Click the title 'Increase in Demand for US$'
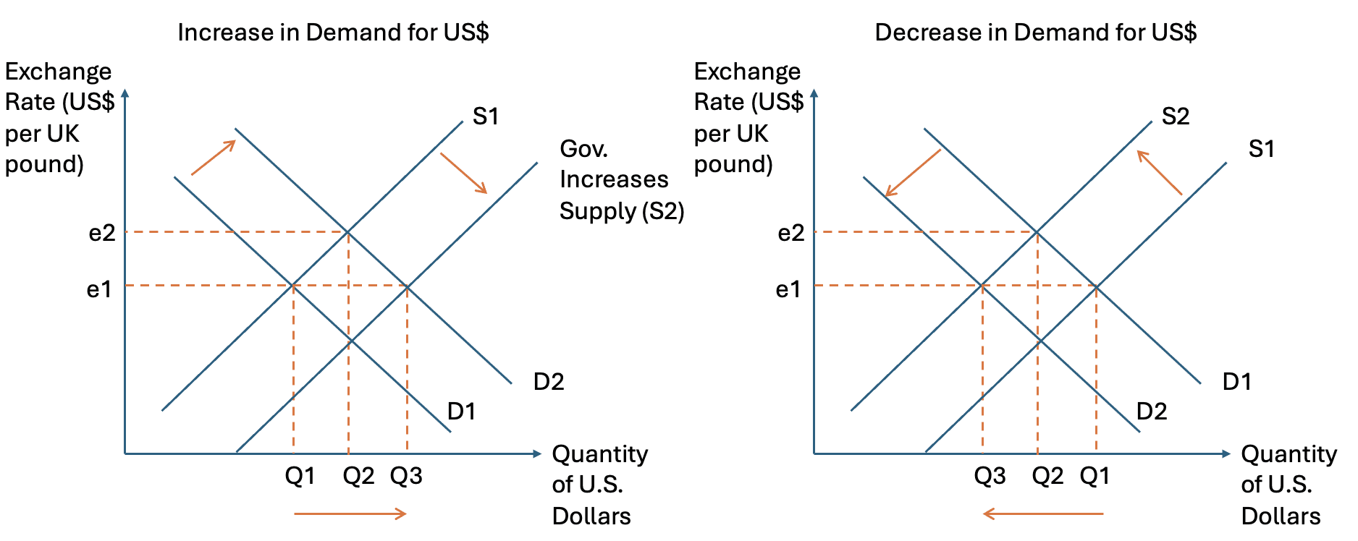pos(333,33)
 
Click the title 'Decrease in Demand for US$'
pos(1035,33)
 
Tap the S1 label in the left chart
pos(486,116)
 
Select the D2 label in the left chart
pos(548,382)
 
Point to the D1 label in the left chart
pos(461,412)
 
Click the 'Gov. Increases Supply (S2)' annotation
pos(621,179)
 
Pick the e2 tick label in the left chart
pos(102,233)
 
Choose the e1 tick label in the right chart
pos(788,290)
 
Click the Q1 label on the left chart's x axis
pos(300,476)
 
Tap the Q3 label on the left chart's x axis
pos(406,476)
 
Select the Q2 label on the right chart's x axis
pos(1047,476)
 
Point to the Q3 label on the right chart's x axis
pos(990,476)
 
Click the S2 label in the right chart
pos(1176,116)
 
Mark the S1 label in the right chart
pos(1261,149)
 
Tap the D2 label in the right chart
pos(1152,412)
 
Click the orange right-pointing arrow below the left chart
pos(350,514)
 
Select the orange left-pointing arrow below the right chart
pos(1043,514)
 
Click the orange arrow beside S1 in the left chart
pos(463,173)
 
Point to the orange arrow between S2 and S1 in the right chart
pos(1159,172)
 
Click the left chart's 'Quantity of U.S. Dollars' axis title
pos(599,485)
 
